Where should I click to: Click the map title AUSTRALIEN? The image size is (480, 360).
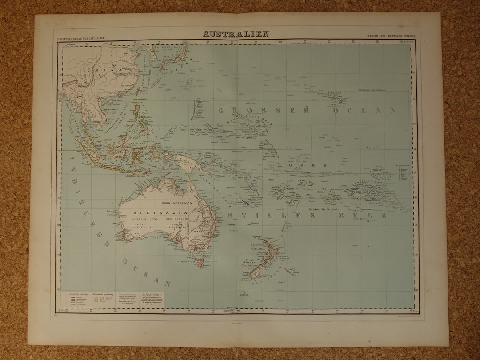(236, 34)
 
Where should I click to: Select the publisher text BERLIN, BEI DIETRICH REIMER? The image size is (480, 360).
(393, 35)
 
